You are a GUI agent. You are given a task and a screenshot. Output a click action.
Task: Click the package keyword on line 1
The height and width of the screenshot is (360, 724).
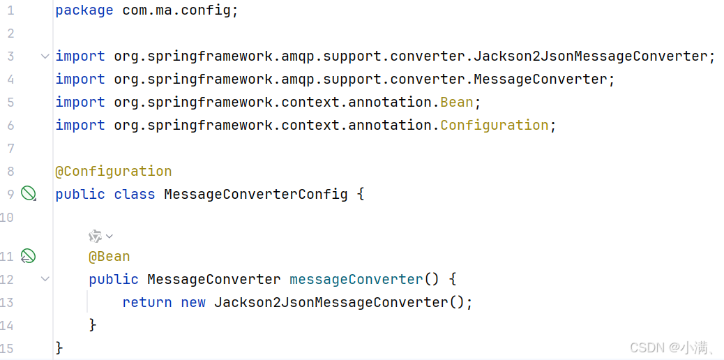coord(84,10)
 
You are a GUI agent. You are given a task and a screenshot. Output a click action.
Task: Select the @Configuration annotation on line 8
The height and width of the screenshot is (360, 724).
coord(114,171)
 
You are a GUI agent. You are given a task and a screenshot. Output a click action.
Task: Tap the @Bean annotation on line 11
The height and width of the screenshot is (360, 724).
coord(109,256)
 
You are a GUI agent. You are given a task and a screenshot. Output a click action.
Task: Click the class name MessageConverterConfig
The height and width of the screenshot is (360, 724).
coord(255,194)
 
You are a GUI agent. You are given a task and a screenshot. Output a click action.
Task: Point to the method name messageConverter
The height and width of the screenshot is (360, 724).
coord(356,279)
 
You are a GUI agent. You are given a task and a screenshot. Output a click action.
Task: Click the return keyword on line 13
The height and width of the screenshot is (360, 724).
coord(147,302)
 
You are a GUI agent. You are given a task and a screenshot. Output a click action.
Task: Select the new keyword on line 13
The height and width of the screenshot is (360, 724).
coord(193,302)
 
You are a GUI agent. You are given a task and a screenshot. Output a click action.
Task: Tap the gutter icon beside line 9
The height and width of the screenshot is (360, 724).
coord(28,193)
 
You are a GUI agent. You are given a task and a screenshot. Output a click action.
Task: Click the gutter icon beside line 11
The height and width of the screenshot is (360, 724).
coord(28,256)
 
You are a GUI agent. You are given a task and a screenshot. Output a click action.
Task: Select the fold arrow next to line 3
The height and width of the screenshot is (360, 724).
coord(45,57)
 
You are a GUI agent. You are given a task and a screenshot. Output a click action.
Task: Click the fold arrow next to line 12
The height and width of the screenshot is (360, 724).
coord(45,279)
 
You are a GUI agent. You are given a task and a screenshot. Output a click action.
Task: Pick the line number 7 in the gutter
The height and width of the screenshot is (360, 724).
coord(10,148)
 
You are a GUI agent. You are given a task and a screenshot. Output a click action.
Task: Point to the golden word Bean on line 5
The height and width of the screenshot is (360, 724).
coord(457,102)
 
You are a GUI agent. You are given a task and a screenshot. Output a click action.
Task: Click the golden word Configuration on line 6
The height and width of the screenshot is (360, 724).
coord(495,125)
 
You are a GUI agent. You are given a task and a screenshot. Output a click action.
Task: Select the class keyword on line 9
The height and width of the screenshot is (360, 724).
coord(135,194)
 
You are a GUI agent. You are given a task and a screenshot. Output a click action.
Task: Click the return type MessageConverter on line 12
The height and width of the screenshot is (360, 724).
coord(214,279)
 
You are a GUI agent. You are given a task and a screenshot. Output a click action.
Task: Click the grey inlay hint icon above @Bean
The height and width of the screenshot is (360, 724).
coord(96,237)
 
